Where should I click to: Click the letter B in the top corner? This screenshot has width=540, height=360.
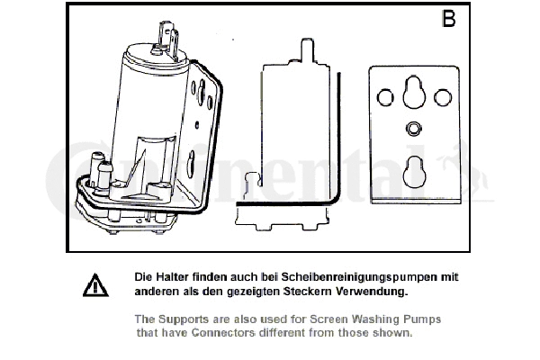[x=447, y=20]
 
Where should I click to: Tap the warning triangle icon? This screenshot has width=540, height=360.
[x=94, y=285]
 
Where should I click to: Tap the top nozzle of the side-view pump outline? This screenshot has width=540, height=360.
[x=300, y=49]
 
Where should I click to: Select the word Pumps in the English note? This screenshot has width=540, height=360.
[x=421, y=319]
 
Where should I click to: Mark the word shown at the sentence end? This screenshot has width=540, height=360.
[x=394, y=333]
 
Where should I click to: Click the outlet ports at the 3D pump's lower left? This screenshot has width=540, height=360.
[x=99, y=171]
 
